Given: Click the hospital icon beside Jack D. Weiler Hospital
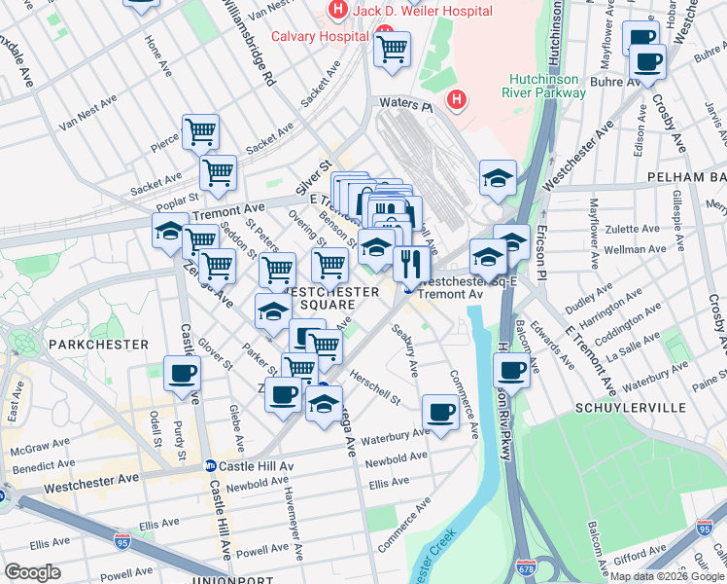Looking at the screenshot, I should tap(337, 11).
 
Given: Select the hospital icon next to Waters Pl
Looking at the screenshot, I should tap(455, 99).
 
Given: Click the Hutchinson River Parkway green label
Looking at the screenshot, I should tap(548, 86).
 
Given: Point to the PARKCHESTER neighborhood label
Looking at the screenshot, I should tap(98, 345).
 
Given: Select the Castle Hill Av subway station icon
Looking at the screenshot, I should tap(210, 466).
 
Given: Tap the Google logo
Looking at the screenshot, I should tap(33, 571).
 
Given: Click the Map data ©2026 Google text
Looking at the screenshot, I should tap(667, 576).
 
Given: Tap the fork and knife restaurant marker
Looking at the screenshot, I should tap(411, 263).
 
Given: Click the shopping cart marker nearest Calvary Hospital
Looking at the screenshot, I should tap(392, 49).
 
